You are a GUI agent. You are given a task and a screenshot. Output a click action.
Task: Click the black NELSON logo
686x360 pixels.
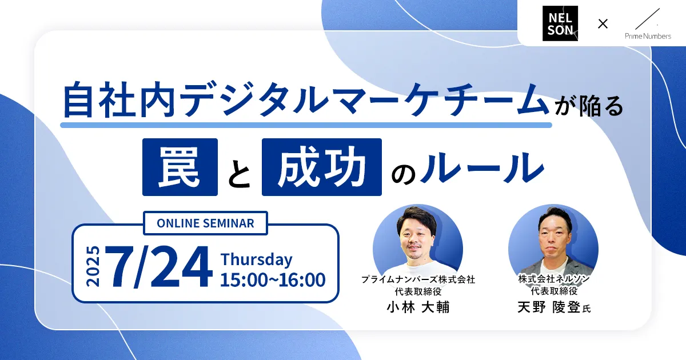[560, 23]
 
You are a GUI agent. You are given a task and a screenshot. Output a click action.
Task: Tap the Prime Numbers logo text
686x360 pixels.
[648, 36]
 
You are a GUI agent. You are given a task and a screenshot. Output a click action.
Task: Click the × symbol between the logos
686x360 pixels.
[603, 23]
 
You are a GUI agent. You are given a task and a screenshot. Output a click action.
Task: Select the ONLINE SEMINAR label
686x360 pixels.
[205, 223]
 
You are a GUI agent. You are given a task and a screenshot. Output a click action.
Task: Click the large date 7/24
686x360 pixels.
[159, 266]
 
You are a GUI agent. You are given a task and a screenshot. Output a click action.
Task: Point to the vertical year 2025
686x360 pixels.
[93, 266]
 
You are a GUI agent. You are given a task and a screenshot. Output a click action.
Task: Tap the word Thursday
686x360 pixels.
[256, 259]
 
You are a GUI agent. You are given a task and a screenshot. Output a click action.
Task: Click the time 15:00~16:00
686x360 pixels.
[273, 280]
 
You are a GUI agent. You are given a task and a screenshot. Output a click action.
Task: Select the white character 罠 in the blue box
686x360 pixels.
[180, 167]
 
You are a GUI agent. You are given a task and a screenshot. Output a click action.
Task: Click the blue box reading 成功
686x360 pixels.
[321, 167]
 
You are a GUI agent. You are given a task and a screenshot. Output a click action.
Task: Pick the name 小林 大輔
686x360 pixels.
[418, 307]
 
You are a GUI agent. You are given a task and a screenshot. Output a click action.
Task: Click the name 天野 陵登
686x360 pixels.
[548, 307]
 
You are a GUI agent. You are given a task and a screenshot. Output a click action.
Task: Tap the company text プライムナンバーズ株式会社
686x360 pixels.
[418, 279]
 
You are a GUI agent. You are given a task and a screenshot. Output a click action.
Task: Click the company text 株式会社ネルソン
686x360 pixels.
[554, 279]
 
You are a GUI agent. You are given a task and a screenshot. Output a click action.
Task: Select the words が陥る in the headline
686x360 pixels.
[589, 106]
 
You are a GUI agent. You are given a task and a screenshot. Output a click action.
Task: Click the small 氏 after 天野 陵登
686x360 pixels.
[586, 309]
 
